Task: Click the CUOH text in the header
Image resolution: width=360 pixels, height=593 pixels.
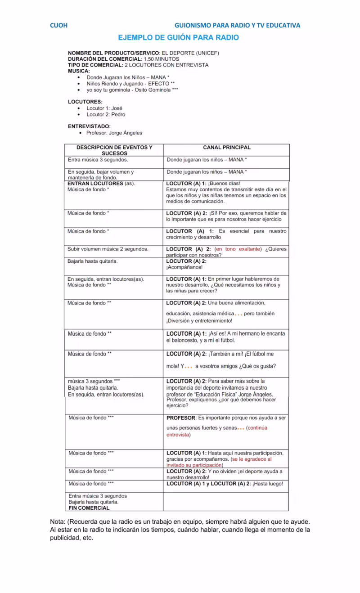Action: click(58, 25)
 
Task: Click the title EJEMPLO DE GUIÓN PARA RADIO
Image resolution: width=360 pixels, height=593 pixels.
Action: click(178, 38)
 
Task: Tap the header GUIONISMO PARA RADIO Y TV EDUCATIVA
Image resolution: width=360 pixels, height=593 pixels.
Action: click(237, 25)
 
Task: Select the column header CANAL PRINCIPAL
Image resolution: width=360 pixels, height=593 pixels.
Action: click(226, 148)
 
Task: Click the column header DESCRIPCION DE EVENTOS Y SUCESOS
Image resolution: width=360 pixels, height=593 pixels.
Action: click(114, 150)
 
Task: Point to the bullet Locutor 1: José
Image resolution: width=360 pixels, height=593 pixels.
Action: click(104, 108)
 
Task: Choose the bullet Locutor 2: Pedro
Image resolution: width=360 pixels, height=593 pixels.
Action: click(106, 115)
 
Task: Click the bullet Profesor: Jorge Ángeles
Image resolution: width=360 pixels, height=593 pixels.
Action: click(114, 133)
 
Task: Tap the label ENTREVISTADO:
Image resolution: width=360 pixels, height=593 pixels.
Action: click(89, 126)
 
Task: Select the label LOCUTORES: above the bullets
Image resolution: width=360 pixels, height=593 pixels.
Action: click(85, 102)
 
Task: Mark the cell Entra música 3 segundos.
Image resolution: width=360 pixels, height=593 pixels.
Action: click(98, 160)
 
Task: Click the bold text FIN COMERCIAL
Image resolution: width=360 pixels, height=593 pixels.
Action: click(89, 508)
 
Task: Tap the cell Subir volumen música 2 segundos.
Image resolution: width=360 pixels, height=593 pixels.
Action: click(108, 249)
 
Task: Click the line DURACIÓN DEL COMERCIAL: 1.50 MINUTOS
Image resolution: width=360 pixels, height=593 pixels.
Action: click(123, 59)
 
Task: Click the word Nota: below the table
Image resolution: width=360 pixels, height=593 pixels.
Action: click(58, 522)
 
